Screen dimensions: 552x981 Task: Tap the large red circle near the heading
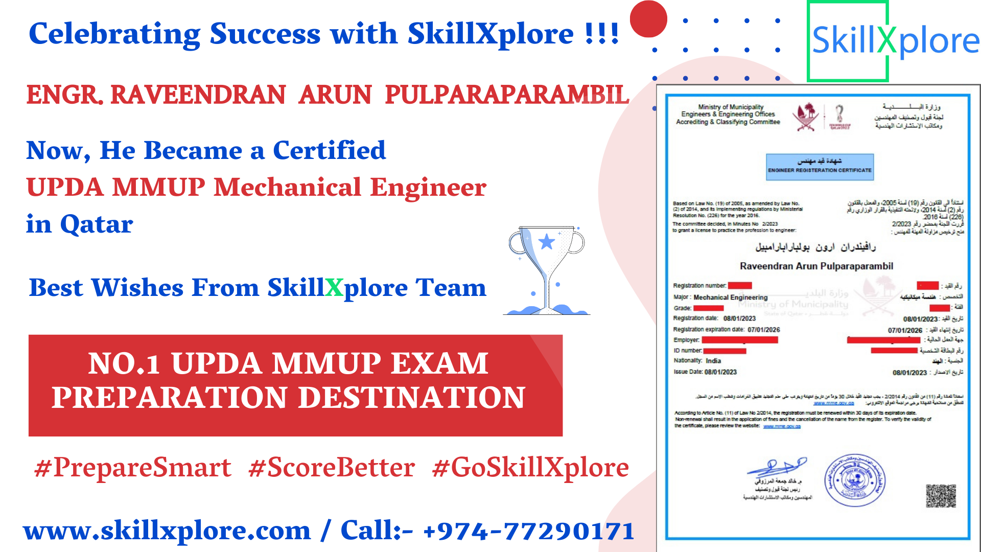[x=648, y=19]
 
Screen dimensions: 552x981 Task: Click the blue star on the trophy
[x=547, y=241]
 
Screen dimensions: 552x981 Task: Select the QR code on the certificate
[x=941, y=496]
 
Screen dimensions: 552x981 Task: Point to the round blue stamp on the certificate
[x=854, y=480]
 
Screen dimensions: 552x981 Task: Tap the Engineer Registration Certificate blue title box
[x=820, y=167]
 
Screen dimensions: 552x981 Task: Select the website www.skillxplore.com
[x=167, y=531]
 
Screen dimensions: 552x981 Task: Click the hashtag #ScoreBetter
[x=332, y=468]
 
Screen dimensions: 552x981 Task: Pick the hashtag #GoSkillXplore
[x=530, y=468]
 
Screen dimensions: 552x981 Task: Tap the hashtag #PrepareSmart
[x=133, y=468]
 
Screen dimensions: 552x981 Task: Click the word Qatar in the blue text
[x=97, y=224]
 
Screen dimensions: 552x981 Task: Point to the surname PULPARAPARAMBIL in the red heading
[x=506, y=95]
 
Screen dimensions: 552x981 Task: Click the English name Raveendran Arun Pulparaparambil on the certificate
[x=816, y=266]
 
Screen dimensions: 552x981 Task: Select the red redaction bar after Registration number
[x=740, y=286]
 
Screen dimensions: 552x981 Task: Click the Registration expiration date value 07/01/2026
[x=763, y=330]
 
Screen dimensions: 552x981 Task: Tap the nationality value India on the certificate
[x=713, y=361]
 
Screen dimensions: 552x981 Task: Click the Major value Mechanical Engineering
[x=730, y=297]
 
